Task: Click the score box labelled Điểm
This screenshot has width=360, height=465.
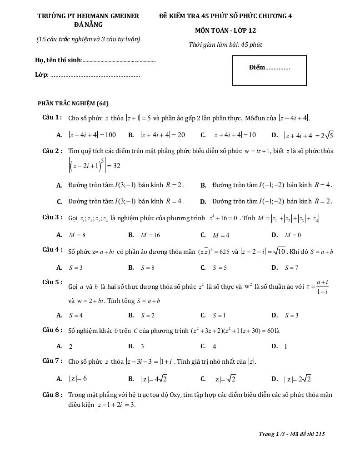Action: (x=270, y=70)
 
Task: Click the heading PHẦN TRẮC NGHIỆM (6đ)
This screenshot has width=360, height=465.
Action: (x=73, y=103)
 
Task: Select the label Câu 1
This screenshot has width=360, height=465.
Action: (x=52, y=118)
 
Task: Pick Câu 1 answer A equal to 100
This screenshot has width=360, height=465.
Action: (x=92, y=135)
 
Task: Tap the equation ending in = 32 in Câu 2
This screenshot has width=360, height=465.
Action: (x=94, y=165)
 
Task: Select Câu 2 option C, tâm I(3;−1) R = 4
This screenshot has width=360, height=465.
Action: (x=126, y=201)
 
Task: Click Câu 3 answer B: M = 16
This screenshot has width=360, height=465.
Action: (x=150, y=235)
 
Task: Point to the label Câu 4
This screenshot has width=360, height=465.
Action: (x=52, y=250)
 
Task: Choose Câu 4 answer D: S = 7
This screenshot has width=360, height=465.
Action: (x=291, y=268)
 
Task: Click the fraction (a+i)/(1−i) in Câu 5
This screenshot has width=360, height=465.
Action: (x=322, y=287)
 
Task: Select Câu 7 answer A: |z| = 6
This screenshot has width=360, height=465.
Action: (x=78, y=379)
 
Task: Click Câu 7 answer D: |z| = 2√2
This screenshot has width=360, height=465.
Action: (x=298, y=379)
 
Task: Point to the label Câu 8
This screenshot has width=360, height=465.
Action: (x=52, y=395)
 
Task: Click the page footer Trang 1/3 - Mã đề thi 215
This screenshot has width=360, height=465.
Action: (x=292, y=434)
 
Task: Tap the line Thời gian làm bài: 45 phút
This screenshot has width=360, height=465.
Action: (x=225, y=45)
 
